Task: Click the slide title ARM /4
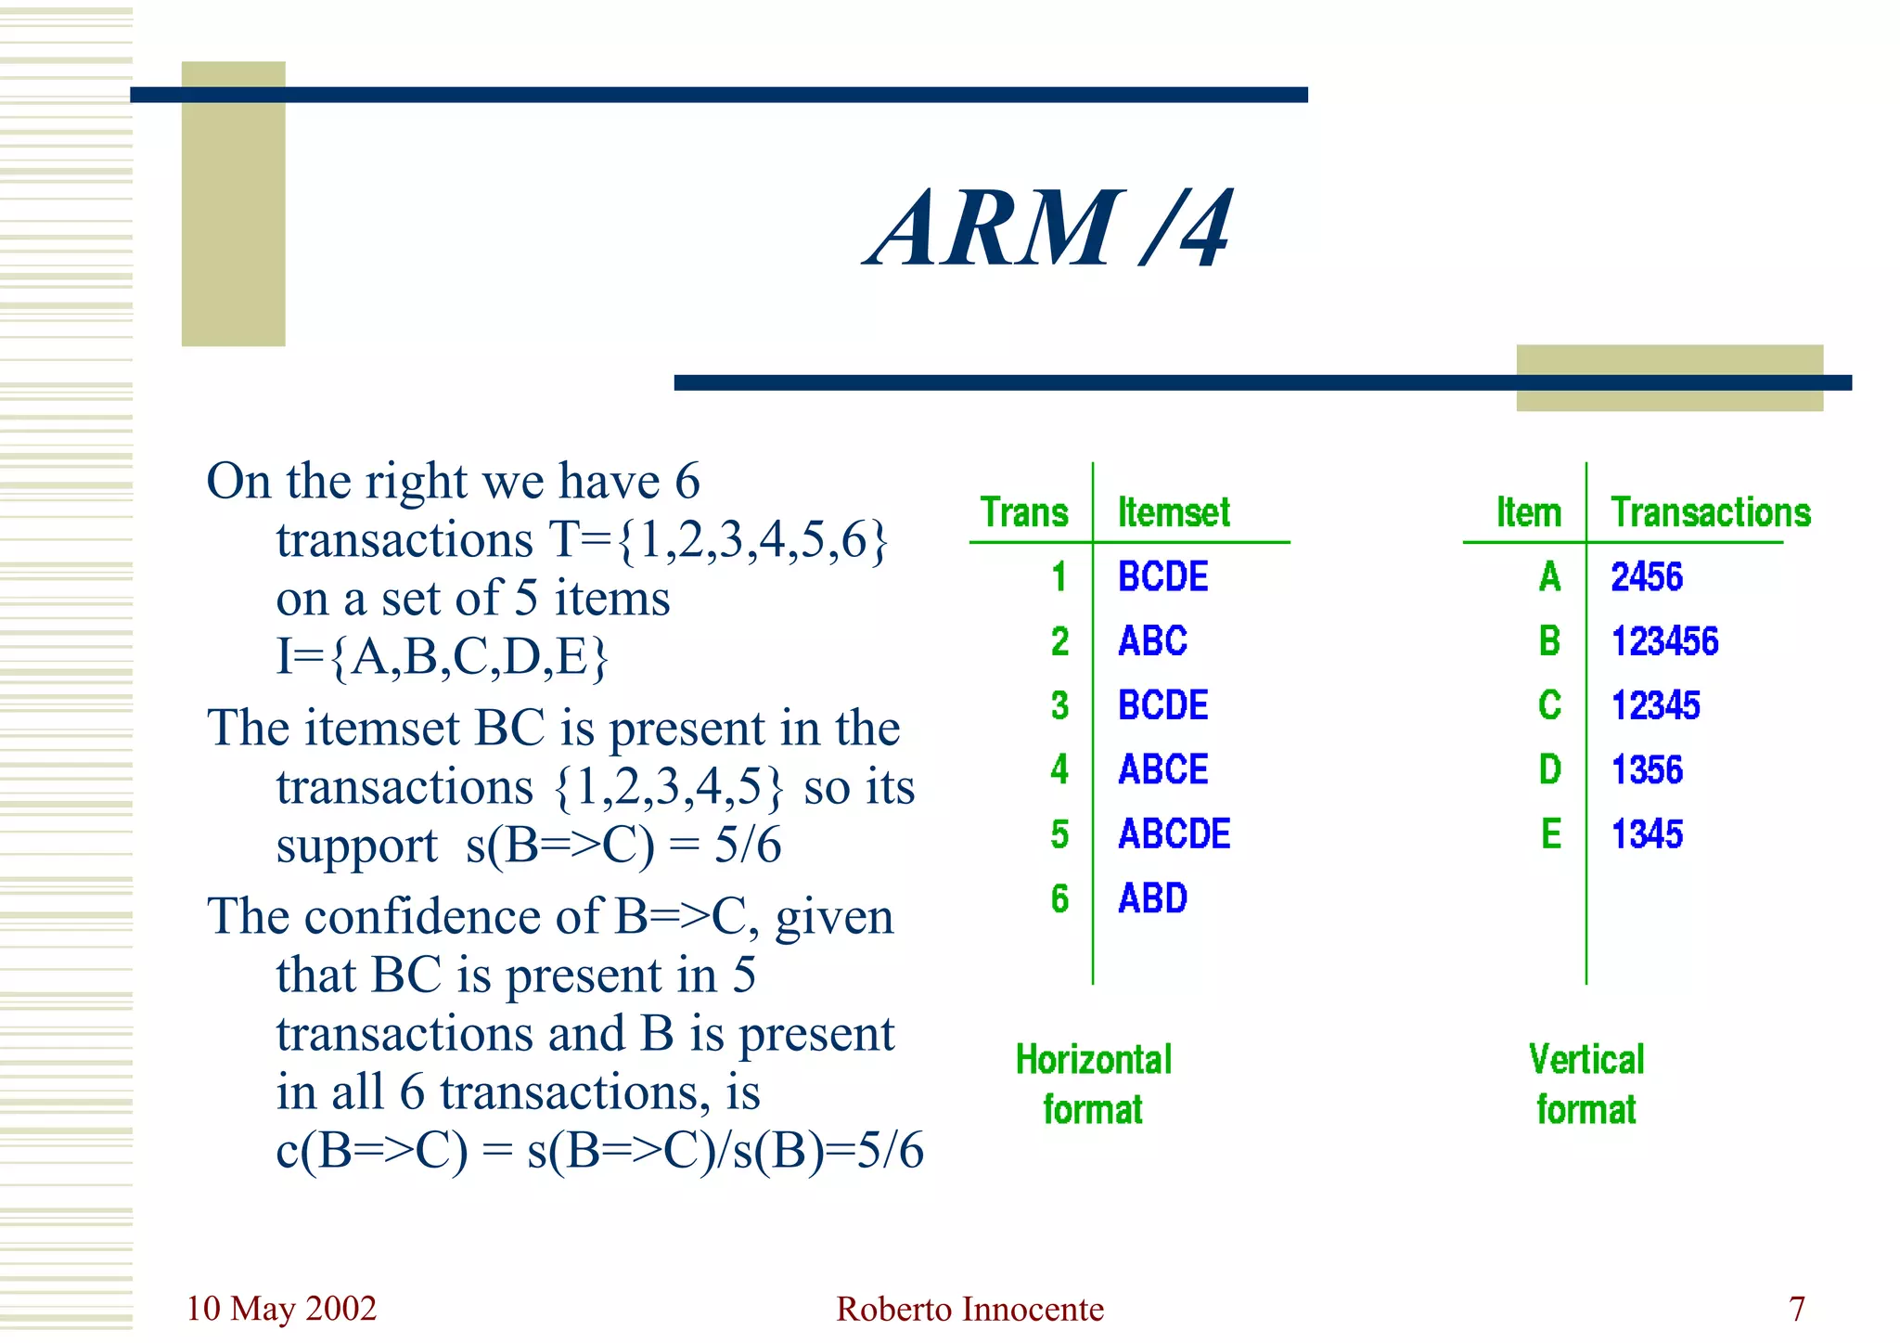(1049, 228)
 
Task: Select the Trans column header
(1024, 512)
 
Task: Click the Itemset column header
(1174, 512)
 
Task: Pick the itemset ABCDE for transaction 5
(1174, 833)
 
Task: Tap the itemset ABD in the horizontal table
(1152, 898)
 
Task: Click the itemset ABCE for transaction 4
(1162, 769)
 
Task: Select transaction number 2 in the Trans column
(1059, 641)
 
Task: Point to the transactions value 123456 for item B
(1664, 641)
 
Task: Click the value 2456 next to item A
(1646, 577)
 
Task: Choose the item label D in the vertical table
(1549, 769)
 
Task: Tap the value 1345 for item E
(1646, 833)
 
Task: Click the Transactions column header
(1710, 512)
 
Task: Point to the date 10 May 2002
(281, 1309)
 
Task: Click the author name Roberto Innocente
(969, 1309)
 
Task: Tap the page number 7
(1797, 1309)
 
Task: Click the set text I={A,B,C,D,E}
(443, 656)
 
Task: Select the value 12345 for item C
(1655, 705)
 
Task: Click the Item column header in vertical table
(1528, 512)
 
